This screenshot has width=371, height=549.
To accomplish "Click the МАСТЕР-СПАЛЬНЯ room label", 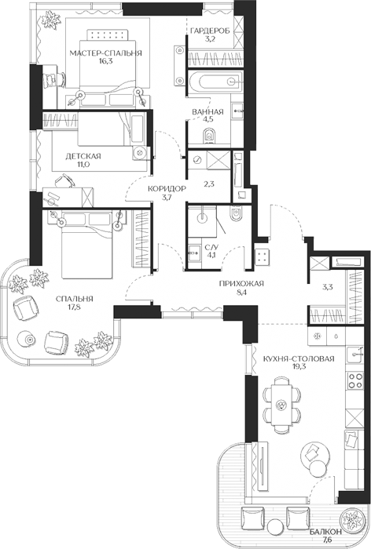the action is coord(105,53).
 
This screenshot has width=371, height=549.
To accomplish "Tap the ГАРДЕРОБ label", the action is coord(210,31).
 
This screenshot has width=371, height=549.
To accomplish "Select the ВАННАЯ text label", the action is coord(208,111).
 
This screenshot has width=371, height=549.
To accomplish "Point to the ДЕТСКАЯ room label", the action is coord(83,156).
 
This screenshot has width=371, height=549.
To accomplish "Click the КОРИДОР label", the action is coord(167,189).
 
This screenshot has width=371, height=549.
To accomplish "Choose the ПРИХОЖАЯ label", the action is coord(241,284).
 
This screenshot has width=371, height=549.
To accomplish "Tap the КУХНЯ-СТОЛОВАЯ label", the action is coord(299,359).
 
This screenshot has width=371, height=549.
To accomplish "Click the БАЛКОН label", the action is coord(325,532).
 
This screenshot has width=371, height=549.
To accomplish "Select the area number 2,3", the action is coord(209,184).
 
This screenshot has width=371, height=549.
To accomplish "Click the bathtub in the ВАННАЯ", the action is coord(215,82).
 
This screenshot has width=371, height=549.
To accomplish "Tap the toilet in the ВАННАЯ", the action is coord(210,136).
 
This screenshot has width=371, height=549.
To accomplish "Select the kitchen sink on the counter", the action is coord(354,355).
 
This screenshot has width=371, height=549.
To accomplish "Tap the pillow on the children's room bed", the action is coord(138,128).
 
